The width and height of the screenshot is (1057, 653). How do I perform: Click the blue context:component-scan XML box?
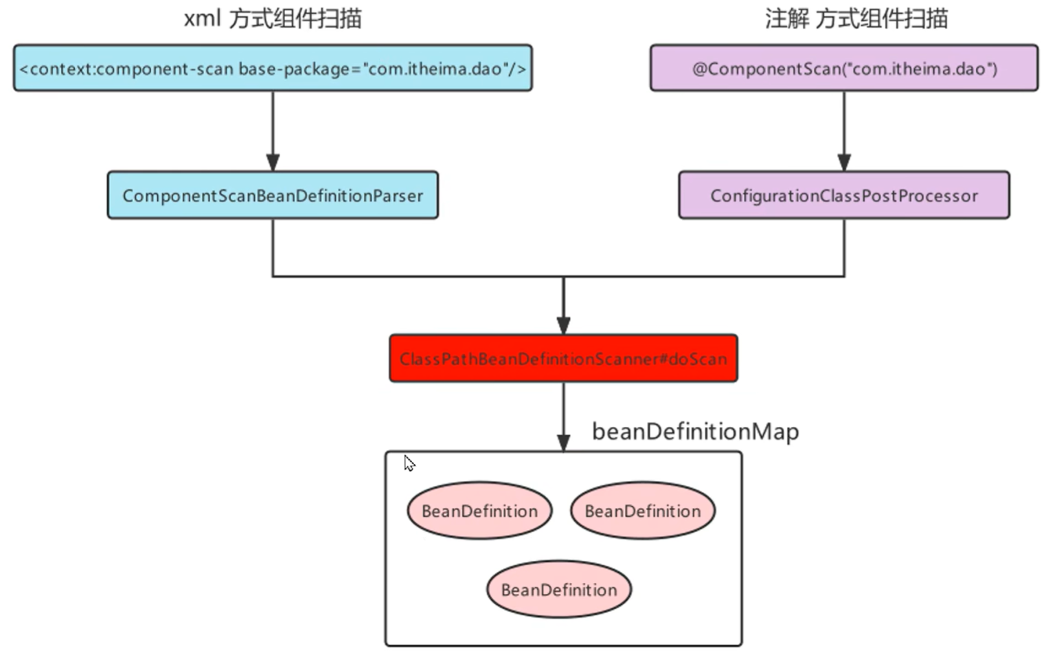[x=273, y=68]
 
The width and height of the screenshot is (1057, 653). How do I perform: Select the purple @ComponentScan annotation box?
[x=844, y=68]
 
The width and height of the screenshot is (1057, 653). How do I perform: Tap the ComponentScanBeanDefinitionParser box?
[x=273, y=196]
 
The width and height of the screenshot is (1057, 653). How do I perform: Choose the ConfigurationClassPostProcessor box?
[x=844, y=196]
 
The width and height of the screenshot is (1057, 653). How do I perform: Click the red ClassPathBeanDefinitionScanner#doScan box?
[x=563, y=359]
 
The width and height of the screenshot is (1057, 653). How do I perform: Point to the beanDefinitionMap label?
[x=695, y=432]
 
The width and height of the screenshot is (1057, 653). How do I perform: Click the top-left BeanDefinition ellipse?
[x=479, y=511]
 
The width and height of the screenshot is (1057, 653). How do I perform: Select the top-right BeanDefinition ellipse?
[x=643, y=511]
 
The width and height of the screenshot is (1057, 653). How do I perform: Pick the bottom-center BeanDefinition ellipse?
[x=559, y=590]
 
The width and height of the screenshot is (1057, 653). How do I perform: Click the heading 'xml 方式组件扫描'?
[x=273, y=19]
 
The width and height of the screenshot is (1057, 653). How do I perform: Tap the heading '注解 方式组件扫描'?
[x=856, y=19]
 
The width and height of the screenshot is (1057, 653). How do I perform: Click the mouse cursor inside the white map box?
[x=409, y=463]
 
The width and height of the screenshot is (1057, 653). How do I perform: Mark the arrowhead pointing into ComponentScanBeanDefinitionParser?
[x=273, y=162]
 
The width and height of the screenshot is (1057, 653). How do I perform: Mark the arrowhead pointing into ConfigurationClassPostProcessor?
[x=844, y=162]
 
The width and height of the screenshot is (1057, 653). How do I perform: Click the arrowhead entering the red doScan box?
[x=563, y=325]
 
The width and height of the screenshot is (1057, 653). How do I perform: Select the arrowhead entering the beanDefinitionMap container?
[x=563, y=442]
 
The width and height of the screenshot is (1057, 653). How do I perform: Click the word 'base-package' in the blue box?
[x=294, y=69]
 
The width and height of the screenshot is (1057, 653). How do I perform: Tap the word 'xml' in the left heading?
[x=201, y=19]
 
